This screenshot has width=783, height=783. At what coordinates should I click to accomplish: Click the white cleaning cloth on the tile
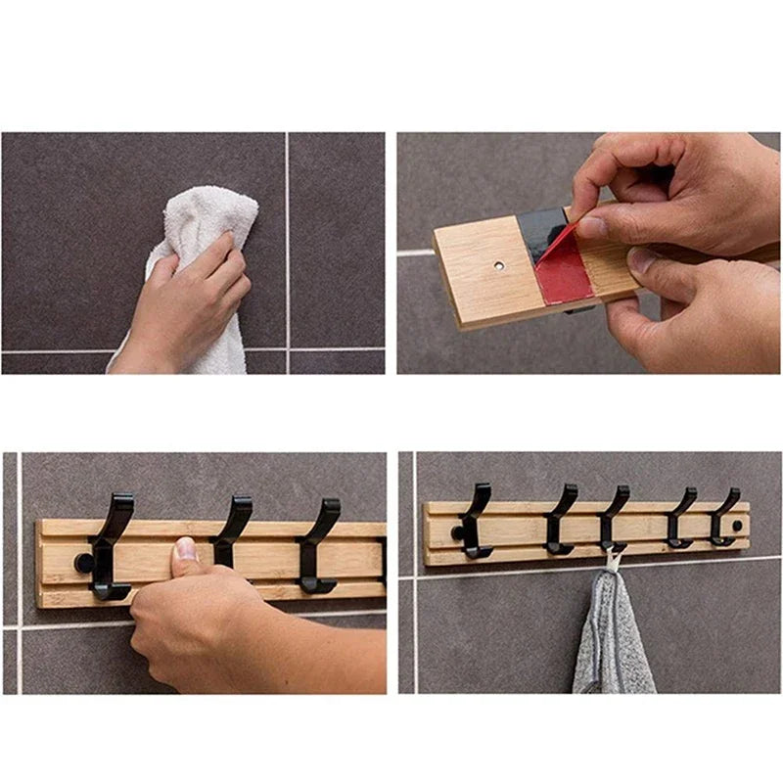(x=210, y=220)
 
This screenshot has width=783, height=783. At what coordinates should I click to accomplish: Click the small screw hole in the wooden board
(x=499, y=264)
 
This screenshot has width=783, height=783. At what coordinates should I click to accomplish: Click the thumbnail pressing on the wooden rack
(x=185, y=549)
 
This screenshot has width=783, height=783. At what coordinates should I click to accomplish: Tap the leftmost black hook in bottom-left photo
(x=110, y=548)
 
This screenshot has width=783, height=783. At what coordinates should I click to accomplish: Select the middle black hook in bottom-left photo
(x=231, y=529)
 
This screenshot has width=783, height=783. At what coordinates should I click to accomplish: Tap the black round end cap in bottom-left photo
(x=83, y=564)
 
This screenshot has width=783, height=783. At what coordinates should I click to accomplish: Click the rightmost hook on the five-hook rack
(x=725, y=517)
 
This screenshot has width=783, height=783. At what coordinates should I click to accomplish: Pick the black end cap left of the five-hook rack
(x=455, y=532)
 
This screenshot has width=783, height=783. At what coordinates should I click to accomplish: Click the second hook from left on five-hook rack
(x=561, y=520)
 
